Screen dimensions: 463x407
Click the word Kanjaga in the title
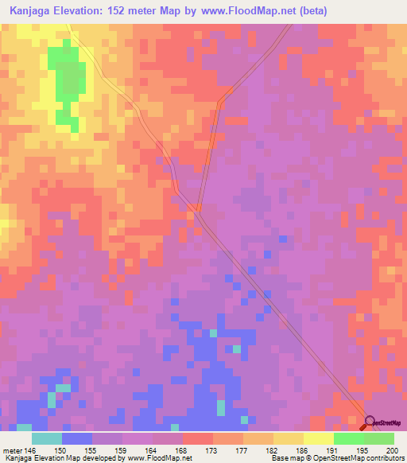coord(31,11)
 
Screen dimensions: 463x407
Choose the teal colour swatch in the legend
coord(46,438)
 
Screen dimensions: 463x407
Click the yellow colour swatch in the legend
coord(318,438)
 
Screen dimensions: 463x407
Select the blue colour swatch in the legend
coord(76,438)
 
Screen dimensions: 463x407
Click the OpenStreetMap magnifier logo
coord(370,422)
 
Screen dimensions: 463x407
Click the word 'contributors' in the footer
coord(384,458)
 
